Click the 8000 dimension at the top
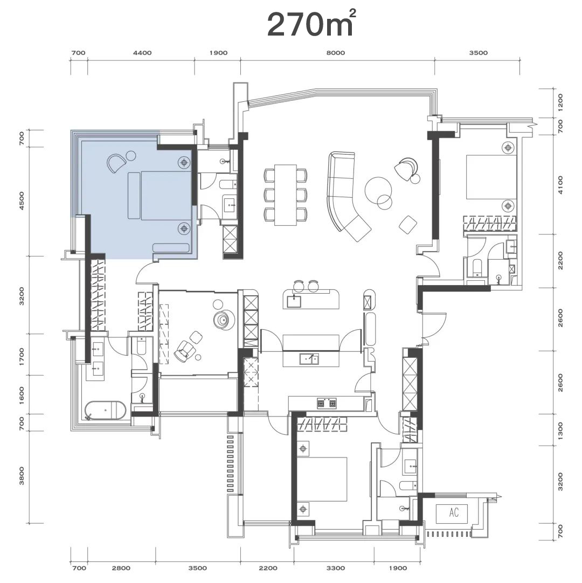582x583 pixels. (x=335, y=53)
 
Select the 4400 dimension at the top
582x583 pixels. (x=142, y=53)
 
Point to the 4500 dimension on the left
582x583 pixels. (x=22, y=201)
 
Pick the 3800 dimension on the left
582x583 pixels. (x=22, y=476)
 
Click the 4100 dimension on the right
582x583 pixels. (x=560, y=185)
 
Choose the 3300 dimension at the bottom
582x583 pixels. (x=335, y=568)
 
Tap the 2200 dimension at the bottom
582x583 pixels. (x=268, y=568)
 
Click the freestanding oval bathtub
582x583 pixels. (x=106, y=411)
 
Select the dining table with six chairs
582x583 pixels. (x=286, y=195)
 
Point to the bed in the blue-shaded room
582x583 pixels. (x=159, y=195)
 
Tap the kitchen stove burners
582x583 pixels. (x=327, y=402)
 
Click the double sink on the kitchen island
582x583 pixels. (x=309, y=359)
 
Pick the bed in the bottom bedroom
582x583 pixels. (x=322, y=480)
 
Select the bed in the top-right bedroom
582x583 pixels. (x=491, y=177)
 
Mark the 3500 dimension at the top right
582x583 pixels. (x=478, y=53)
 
